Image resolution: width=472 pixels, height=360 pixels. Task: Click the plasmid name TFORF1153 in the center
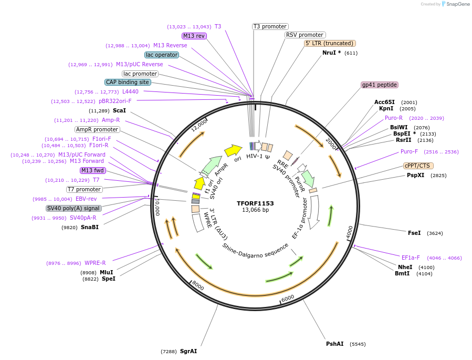[255, 203]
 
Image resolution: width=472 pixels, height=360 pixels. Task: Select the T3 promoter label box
[270, 26]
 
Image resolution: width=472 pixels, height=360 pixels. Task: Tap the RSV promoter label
[305, 35]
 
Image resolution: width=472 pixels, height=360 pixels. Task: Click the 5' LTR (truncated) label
[330, 43]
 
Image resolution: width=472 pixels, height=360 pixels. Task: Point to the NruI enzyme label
[331, 53]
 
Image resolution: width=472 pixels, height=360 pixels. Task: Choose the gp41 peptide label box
[380, 85]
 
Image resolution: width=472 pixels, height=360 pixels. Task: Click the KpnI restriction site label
[386, 109]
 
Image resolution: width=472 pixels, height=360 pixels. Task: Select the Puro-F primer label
[409, 151]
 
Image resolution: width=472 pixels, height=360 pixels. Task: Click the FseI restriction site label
[414, 233]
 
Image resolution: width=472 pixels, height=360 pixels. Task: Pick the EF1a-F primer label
[411, 258]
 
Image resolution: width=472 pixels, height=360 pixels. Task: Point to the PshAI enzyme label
[334, 344]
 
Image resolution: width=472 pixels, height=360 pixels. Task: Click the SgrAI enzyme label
[188, 351]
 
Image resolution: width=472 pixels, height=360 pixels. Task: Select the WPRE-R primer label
[95, 263]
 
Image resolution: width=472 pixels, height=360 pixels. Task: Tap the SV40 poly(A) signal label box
[74, 208]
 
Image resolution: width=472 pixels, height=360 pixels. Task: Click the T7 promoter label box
[84, 189]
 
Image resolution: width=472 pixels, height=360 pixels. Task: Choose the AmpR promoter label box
[97, 129]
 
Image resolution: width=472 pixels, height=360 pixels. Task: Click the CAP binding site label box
[128, 82]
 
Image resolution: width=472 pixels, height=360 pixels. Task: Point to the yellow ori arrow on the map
[233, 151]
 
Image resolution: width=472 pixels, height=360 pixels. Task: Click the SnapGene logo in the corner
[456, 4]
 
